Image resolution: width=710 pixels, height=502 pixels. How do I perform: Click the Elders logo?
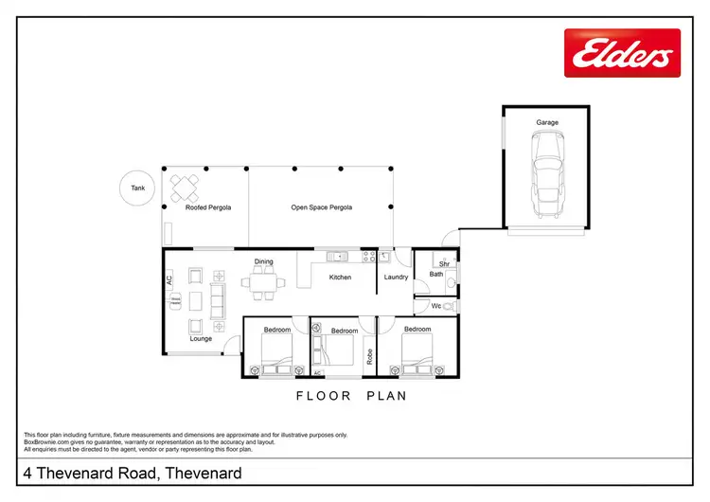(x=622, y=52)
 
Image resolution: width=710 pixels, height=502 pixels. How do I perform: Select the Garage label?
(x=546, y=122)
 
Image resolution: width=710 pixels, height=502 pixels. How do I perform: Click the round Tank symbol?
(x=138, y=188)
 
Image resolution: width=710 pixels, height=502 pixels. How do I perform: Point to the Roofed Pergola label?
(x=208, y=206)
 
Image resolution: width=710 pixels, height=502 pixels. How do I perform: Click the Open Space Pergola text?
(x=321, y=206)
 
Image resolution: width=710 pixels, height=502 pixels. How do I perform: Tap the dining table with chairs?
(x=263, y=281)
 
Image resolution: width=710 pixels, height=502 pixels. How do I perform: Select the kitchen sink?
(x=338, y=256)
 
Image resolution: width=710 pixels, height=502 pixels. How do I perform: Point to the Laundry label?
(x=395, y=278)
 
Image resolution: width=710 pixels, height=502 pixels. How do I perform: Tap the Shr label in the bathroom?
(x=443, y=264)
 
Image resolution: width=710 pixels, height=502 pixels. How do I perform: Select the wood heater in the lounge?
(x=174, y=300)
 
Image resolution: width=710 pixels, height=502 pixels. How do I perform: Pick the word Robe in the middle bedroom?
(x=369, y=358)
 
